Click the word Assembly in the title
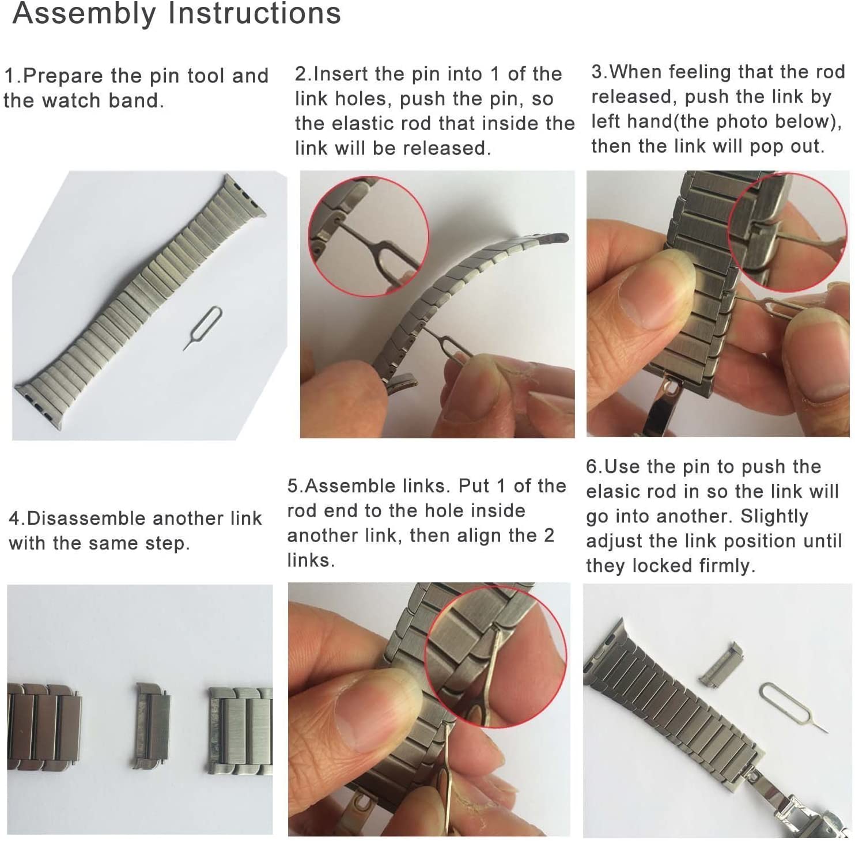click(x=84, y=14)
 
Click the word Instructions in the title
click(x=254, y=14)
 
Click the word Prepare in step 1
click(x=63, y=76)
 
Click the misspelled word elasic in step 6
click(x=613, y=491)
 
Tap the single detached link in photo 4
click(x=152, y=725)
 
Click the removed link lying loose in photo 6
click(x=721, y=665)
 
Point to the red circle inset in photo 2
click(x=368, y=236)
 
